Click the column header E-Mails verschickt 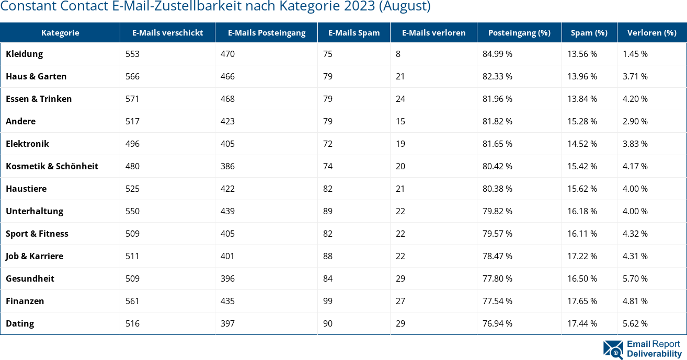[167, 32]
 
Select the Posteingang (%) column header [519, 32]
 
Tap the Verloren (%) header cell [651, 32]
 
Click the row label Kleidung [24, 54]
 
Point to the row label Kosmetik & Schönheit [52, 166]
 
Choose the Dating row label [20, 323]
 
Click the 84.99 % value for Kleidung [497, 54]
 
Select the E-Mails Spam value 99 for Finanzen [328, 301]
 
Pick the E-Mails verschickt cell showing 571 [132, 99]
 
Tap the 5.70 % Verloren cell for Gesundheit [635, 278]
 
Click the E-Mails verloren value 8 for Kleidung [398, 54]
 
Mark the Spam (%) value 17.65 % [582, 301]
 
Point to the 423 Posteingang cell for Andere [227, 121]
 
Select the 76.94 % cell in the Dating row [497, 323]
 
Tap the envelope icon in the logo [613, 350]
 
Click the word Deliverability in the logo [654, 354]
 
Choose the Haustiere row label [26, 189]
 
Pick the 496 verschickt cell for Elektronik [132, 144]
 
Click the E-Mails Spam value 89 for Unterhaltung [328, 211]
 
